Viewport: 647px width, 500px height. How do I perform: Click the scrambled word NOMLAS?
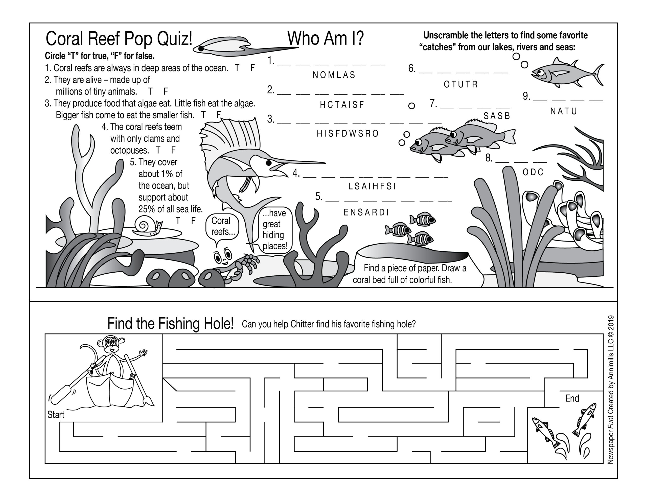coord(334,75)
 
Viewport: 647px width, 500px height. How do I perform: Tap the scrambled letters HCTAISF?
coord(342,105)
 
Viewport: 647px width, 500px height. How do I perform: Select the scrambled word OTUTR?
coord(461,84)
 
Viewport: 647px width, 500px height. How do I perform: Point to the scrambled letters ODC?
coord(533,172)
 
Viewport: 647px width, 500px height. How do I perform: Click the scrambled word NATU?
coord(563,111)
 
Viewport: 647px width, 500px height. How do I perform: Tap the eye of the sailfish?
coord(269,163)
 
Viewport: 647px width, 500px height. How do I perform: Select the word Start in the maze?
coord(56,414)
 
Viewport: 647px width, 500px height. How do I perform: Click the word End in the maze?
coord(572,398)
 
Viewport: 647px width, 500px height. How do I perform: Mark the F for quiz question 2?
coord(166,91)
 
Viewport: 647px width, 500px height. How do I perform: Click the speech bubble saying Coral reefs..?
coord(222,226)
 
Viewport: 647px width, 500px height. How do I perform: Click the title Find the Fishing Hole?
coord(170,323)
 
